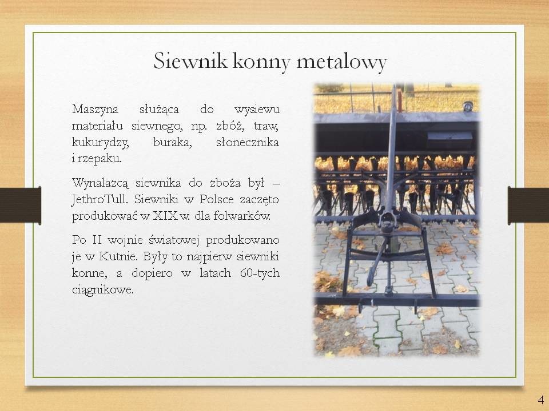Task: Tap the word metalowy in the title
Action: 342,61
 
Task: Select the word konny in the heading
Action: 261,61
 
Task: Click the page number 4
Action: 540,400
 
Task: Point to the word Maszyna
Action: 96,110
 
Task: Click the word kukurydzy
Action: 101,143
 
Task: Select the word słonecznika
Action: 248,142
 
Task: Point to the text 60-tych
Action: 260,273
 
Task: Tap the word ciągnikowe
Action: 103,290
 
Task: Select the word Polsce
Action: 217,200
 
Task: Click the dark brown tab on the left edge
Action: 21,205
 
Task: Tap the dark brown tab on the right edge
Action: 528,205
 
